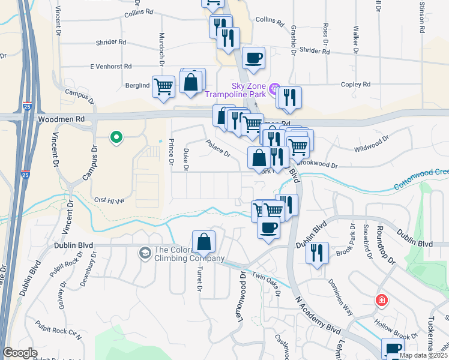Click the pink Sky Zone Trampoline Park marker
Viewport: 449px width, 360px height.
274,91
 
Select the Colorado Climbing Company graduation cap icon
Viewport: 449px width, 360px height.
145,254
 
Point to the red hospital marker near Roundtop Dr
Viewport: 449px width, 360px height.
381,301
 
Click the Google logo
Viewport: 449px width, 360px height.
20,353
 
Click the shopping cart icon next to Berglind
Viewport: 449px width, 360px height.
163,86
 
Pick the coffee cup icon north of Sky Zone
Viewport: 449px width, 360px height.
254,58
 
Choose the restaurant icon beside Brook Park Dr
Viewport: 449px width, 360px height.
317,252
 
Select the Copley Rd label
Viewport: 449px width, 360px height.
358,85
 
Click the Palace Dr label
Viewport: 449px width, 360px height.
218,148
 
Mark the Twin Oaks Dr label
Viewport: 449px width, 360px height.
267,283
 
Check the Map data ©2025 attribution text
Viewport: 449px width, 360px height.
424,355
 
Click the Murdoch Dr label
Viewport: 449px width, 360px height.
161,50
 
